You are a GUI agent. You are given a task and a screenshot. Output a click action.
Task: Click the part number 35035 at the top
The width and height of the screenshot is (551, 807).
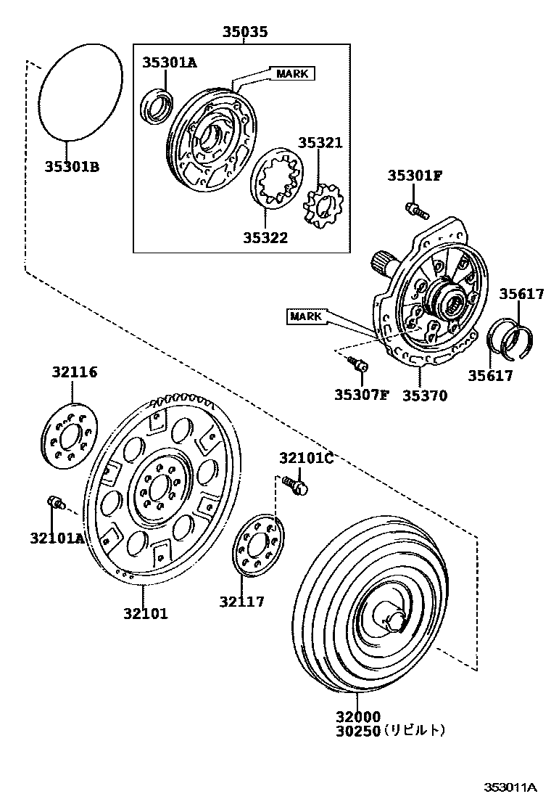coord(244,31)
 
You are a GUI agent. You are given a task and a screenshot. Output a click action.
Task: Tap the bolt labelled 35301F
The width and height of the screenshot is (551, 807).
coord(415,210)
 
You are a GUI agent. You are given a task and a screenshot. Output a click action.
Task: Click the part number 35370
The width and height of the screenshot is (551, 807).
coord(425,396)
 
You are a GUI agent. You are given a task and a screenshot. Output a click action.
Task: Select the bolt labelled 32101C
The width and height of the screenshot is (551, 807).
coord(294,484)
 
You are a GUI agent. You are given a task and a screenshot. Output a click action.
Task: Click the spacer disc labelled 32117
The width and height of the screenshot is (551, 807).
coord(257,546)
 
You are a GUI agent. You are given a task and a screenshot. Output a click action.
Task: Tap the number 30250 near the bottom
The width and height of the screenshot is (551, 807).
coord(357,731)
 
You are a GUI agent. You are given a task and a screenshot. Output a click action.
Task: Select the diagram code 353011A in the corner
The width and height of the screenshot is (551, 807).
coord(510,787)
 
